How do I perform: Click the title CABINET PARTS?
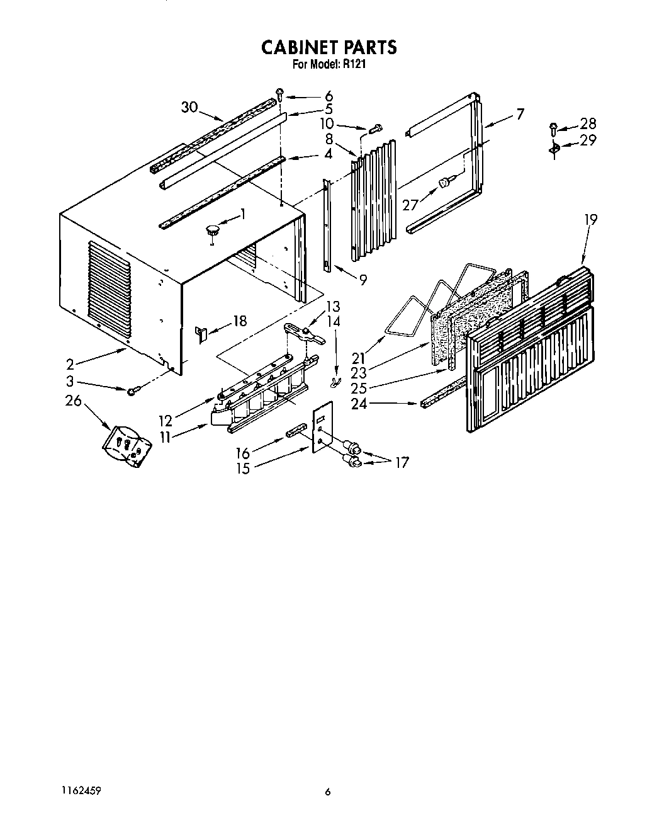(328, 47)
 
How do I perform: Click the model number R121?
(354, 64)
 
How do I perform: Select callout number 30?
(189, 107)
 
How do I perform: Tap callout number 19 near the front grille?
(590, 219)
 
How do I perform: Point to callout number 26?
(74, 400)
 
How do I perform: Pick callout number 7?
(519, 114)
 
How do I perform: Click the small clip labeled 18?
(201, 333)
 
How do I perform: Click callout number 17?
(402, 463)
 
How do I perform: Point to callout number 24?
(359, 404)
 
